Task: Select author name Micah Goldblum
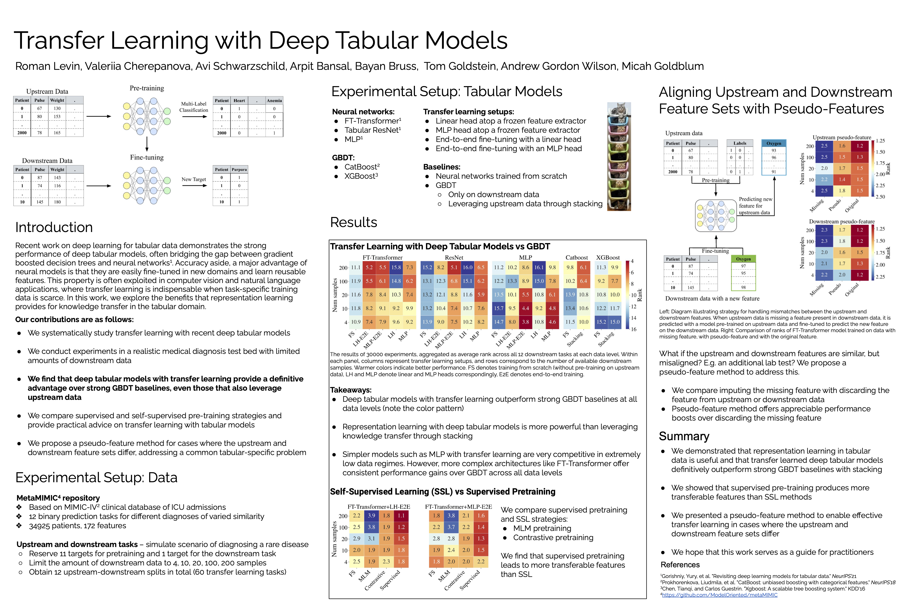pos(663,66)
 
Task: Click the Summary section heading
pos(684,436)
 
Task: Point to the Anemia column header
pos(274,101)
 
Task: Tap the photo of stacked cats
pos(619,156)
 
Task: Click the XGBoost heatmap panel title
pos(608,257)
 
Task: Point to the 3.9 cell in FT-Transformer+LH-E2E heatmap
pos(371,516)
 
